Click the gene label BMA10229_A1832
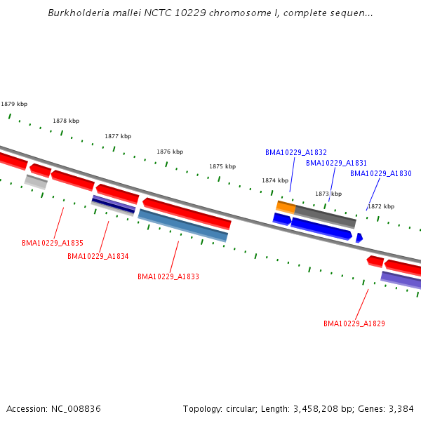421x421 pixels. (x=296, y=152)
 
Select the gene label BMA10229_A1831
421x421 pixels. (x=336, y=163)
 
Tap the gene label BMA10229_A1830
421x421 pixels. (x=380, y=173)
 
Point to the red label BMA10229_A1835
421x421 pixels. (x=53, y=243)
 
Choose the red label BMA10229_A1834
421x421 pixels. (x=98, y=256)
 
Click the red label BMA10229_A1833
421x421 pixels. (x=168, y=276)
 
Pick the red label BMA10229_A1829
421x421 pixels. (x=354, y=323)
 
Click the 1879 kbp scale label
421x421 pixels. (x=14, y=104)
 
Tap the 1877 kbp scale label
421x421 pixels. (x=118, y=136)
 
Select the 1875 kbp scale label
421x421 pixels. (x=222, y=166)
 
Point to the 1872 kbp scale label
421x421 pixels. (x=381, y=206)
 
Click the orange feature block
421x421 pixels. (x=286, y=206)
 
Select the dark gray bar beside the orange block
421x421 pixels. (x=325, y=215)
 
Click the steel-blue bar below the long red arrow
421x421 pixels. (x=182, y=225)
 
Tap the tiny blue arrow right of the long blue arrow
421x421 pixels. (x=359, y=238)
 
